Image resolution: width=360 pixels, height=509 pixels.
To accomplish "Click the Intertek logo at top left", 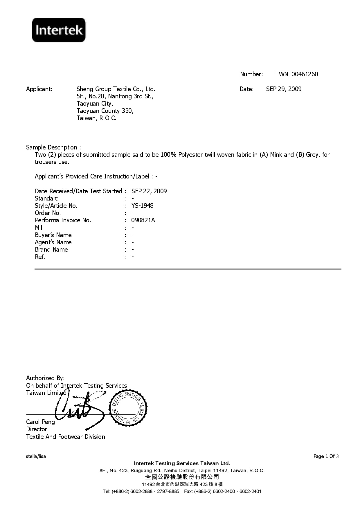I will click(x=59, y=30).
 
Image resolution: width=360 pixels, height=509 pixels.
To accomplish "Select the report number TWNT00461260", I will click(x=296, y=74).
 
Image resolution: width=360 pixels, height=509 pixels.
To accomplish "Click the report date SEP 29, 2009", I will click(x=284, y=89).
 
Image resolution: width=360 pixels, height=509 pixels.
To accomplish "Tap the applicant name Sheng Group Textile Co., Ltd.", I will click(x=116, y=89).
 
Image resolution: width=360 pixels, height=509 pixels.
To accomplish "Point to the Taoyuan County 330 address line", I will click(x=105, y=111).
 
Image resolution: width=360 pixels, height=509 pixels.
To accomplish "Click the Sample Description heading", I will click(x=53, y=147).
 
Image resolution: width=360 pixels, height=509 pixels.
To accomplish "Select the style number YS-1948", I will click(x=142, y=206).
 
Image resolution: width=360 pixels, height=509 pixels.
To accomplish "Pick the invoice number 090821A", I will click(x=143, y=220).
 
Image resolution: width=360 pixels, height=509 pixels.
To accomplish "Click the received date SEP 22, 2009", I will click(x=149, y=191).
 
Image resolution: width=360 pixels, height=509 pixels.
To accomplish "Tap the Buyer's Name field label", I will click(x=53, y=235).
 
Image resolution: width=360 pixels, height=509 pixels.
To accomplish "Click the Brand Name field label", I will click(x=51, y=250).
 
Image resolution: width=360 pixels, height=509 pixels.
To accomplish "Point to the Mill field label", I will click(x=39, y=228).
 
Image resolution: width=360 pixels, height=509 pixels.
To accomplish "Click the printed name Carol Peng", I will click(x=40, y=422).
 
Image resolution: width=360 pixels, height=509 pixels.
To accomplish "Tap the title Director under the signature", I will click(x=37, y=429).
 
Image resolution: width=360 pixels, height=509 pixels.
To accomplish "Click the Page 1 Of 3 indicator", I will click(x=326, y=456).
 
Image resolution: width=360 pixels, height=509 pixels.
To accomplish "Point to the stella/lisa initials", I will click(x=36, y=456).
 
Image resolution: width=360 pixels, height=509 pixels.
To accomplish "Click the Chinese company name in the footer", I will click(x=182, y=477).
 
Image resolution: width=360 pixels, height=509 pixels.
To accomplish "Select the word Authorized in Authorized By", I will click(x=40, y=378).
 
